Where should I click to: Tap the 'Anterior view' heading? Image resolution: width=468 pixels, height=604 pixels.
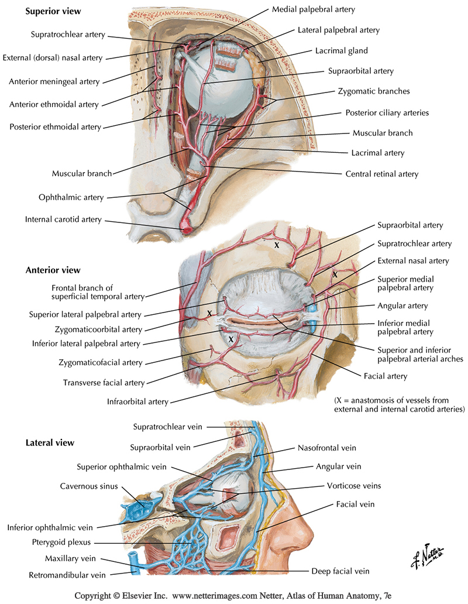(53, 270)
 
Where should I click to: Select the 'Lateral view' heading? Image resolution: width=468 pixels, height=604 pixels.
(50, 442)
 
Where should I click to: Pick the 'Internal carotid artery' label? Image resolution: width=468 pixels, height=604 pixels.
(63, 219)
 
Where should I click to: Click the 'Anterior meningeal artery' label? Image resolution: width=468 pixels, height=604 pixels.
(55, 81)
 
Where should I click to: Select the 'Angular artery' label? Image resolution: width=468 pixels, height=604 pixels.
(403, 306)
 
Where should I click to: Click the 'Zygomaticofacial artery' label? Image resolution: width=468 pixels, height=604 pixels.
(101, 363)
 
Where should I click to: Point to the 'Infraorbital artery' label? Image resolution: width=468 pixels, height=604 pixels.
(138, 402)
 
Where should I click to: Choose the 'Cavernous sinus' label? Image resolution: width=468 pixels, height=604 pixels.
(89, 486)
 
